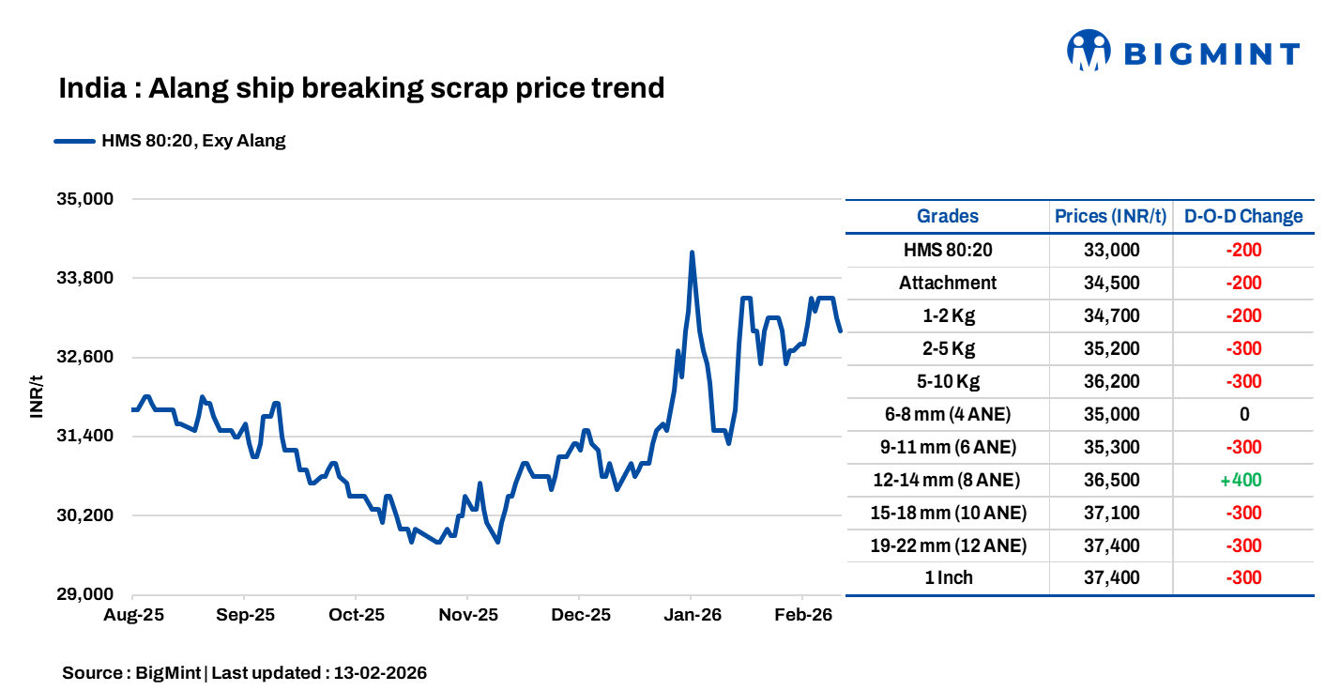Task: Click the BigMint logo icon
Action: (x=1089, y=51)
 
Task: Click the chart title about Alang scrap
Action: (x=361, y=88)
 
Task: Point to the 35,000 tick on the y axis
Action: (x=85, y=199)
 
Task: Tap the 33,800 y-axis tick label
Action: (x=85, y=278)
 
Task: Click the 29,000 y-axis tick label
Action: (x=85, y=594)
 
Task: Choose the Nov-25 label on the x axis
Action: (x=468, y=616)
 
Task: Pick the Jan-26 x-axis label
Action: (x=692, y=616)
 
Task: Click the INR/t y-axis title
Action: (x=37, y=396)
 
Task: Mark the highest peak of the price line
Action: (x=692, y=253)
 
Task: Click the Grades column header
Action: (x=947, y=216)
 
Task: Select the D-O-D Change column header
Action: (x=1242, y=216)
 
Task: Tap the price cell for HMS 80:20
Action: (x=1111, y=250)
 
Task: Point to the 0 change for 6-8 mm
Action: (x=1243, y=414)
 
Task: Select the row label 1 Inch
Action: (x=948, y=578)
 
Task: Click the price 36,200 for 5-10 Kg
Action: (x=1111, y=381)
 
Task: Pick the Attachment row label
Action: (x=948, y=283)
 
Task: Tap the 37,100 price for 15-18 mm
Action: (x=1111, y=513)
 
